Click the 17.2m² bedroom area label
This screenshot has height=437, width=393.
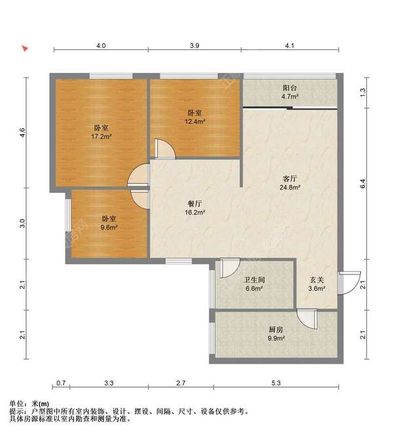coord(102,133)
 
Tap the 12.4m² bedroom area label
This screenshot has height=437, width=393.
coord(195,117)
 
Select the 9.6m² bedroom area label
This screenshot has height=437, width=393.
coord(109,222)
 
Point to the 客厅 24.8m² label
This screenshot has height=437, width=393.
coord(290,183)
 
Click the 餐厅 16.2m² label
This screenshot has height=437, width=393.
coord(195,208)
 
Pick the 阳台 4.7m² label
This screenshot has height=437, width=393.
coord(290,93)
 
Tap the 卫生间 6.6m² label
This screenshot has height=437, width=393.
coord(254,284)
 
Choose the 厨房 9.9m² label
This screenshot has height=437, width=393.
coord(276,334)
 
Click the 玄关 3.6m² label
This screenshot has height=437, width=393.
coord(317,284)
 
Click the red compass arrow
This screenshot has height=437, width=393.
coord(25,49)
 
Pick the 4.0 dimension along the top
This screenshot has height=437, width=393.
coord(101,45)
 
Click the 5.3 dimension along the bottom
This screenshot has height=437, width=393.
coord(276,383)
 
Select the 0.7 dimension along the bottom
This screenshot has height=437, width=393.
coord(61,383)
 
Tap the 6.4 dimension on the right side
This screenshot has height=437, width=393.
coord(363,184)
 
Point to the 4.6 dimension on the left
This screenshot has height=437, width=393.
coord(22,133)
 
